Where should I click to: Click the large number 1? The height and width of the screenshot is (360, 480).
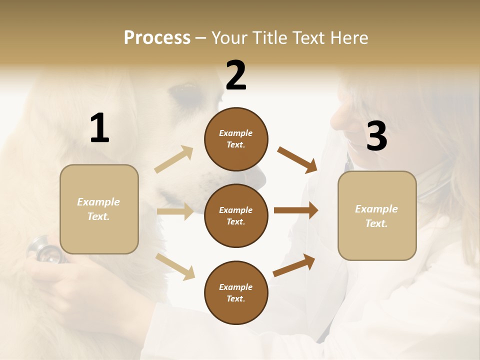[99, 128]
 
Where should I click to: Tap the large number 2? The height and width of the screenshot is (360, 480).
[236, 75]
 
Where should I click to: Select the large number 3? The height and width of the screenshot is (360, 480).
[376, 136]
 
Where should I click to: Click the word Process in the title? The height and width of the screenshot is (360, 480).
[157, 37]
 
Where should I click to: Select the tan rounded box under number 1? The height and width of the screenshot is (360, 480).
[99, 209]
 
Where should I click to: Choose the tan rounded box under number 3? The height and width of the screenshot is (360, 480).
[377, 215]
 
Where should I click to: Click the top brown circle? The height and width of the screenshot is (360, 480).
[236, 139]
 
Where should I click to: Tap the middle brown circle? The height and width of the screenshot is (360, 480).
[236, 215]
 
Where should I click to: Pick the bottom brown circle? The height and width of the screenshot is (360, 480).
[236, 292]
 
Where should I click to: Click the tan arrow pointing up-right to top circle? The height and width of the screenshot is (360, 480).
[174, 159]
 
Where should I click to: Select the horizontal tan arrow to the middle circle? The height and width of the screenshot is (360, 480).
[175, 211]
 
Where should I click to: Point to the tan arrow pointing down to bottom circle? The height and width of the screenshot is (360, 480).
[175, 266]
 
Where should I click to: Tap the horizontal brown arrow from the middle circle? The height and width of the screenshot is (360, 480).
[296, 210]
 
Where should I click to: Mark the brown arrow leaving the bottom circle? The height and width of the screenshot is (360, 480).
[294, 265]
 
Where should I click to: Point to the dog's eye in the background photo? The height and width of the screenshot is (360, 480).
[183, 90]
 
